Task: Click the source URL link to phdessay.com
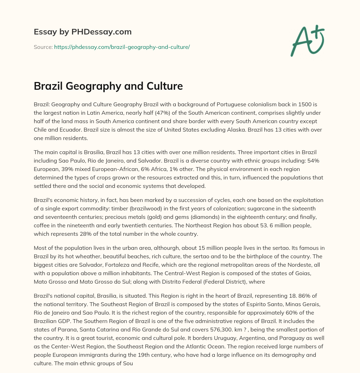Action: coord(122,47)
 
